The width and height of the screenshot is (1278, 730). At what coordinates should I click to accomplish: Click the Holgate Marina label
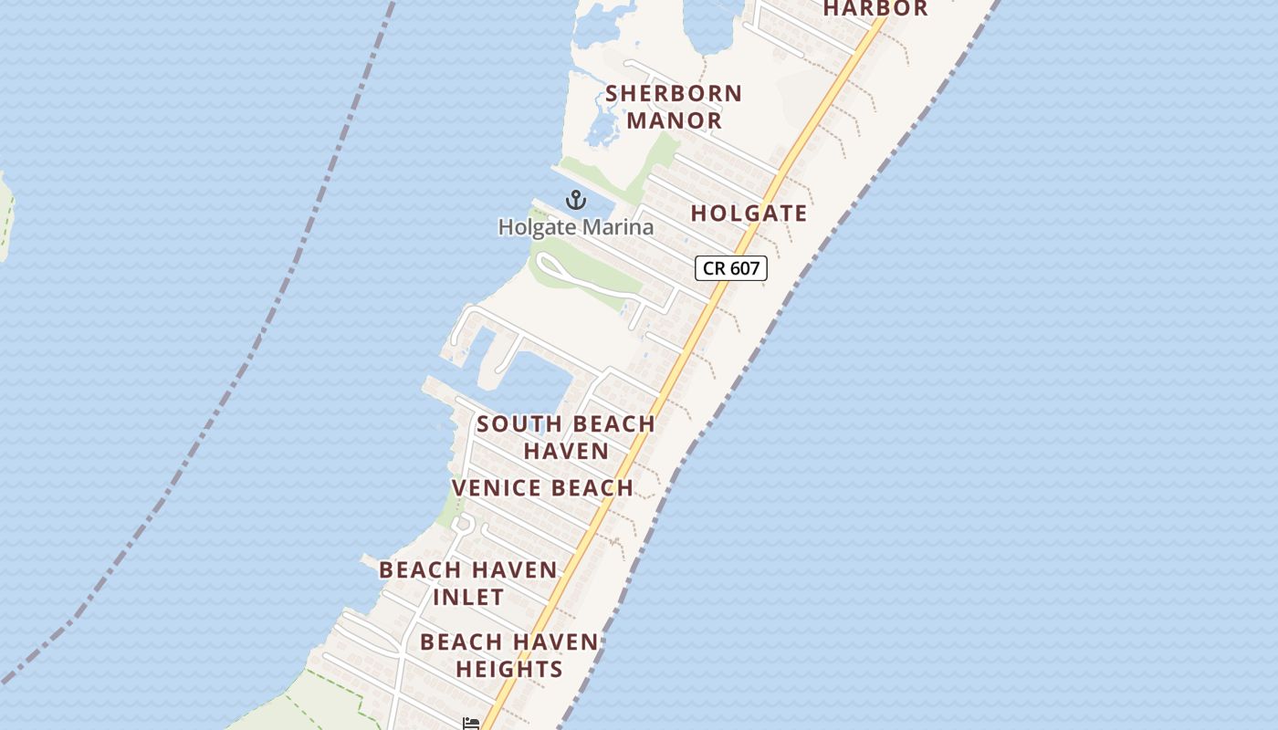575,226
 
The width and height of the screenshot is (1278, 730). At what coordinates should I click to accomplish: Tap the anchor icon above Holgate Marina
575,200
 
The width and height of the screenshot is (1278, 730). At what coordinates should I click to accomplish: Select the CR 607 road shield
730,268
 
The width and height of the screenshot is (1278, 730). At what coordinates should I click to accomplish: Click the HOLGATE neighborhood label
749,214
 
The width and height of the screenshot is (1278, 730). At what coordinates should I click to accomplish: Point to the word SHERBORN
674,93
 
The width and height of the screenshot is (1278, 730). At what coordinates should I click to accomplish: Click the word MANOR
674,120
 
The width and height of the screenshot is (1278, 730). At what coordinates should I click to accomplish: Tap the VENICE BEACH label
542,488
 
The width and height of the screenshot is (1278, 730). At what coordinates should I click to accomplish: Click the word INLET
467,598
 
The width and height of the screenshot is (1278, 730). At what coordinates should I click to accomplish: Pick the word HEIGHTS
508,669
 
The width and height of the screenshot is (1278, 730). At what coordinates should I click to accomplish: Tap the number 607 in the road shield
744,268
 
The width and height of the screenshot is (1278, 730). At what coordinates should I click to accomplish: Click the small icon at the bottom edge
471,724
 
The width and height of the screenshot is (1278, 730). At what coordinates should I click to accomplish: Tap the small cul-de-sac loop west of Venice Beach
462,524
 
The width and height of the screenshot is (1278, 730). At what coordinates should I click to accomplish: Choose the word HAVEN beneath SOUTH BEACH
566,451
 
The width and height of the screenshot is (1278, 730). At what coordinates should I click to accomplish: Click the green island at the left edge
5,214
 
